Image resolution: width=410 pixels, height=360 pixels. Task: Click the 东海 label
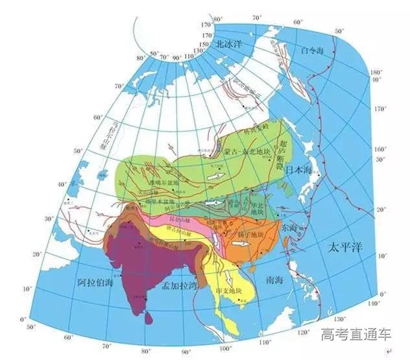[x=291, y=228]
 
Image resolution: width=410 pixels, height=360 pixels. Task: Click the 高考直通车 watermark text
[x=356, y=335]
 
